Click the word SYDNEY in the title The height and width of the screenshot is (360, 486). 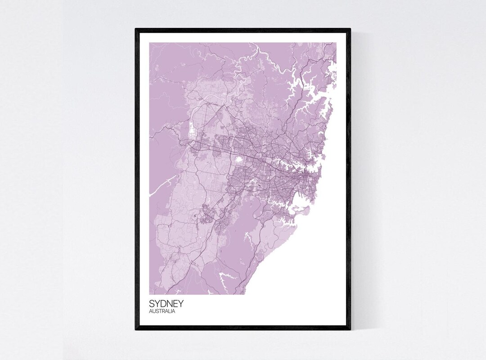tap(166, 304)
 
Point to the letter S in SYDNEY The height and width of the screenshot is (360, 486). tap(152, 304)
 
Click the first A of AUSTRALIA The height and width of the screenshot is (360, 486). tap(151, 311)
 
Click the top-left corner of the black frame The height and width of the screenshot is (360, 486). tap(136, 29)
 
